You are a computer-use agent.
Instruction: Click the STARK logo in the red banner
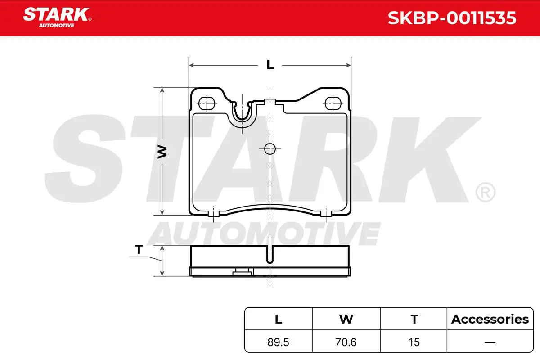pos(57,18)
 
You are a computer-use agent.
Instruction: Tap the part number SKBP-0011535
pos(452,18)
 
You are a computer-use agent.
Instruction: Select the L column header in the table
pos(279,319)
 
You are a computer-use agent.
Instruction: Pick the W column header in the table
pos(346,319)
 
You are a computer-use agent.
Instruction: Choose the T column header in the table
pos(414,319)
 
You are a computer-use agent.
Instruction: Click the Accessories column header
pos(490,319)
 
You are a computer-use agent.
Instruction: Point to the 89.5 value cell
pos(278,342)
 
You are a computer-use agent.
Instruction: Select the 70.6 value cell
pos(346,342)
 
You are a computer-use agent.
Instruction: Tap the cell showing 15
pos(414,342)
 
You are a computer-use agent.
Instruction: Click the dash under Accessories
pos(490,342)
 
